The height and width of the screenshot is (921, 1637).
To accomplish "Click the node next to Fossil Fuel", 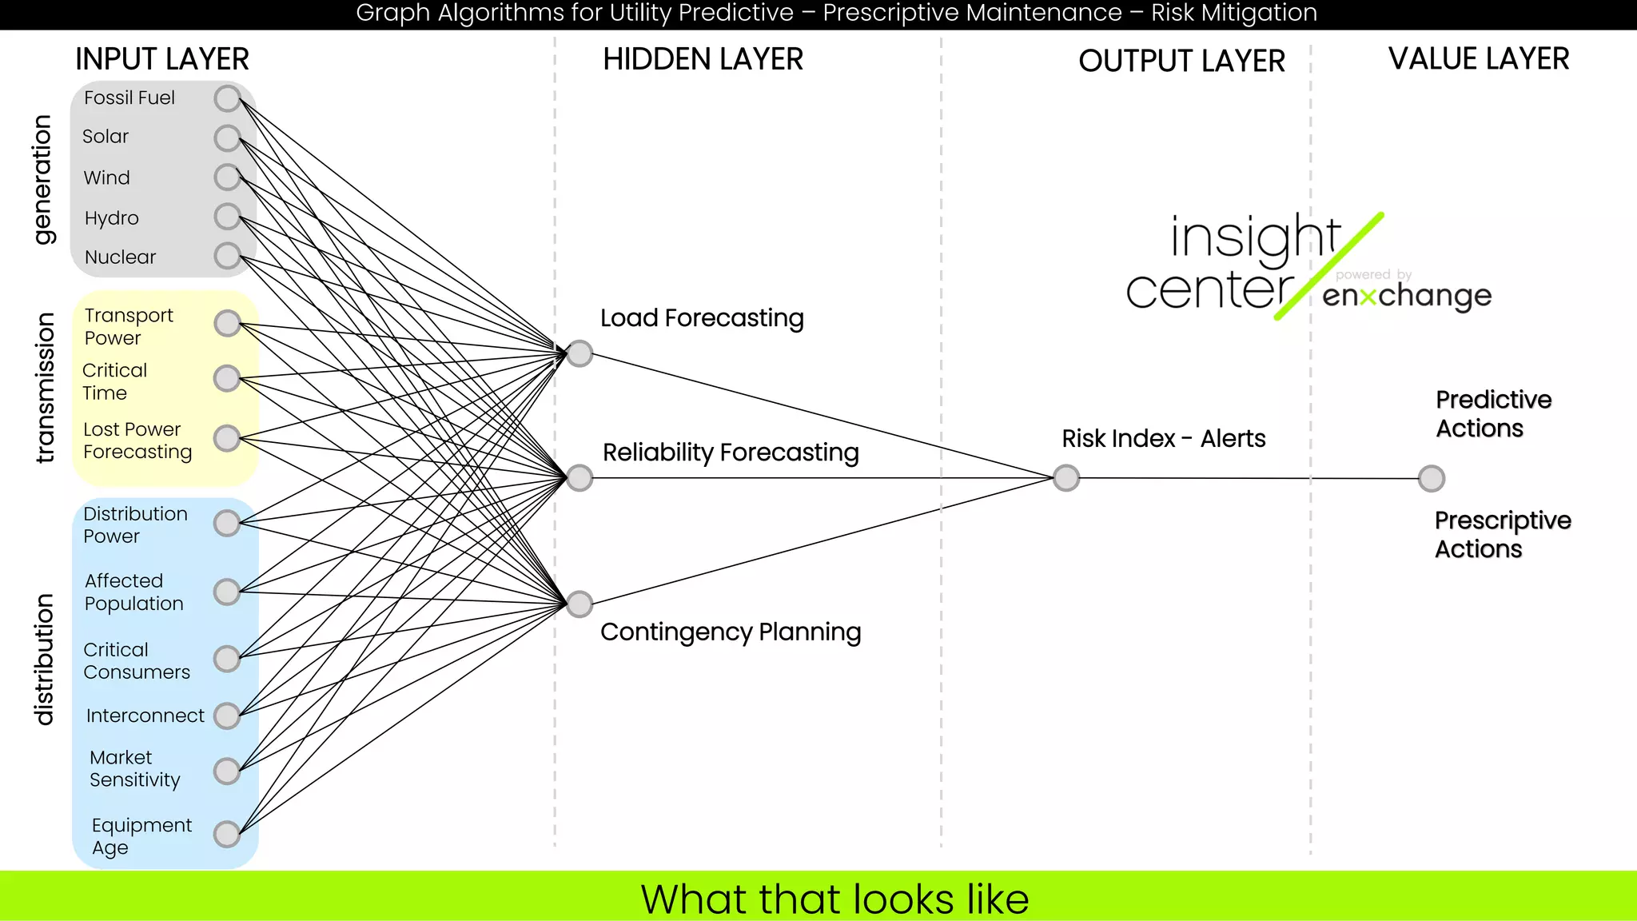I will point(228,98).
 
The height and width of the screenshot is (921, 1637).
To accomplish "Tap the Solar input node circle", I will point(228,138).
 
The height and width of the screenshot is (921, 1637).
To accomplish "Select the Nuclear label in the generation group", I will point(121,257).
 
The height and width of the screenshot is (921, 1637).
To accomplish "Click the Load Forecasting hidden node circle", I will point(580,353).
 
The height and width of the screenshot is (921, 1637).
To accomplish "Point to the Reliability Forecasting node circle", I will point(580,478).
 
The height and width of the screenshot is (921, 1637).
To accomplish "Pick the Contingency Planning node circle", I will point(580,604).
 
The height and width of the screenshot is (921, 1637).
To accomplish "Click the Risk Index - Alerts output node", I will point(1066,478).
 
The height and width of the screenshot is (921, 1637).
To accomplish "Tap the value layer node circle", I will point(1431,478).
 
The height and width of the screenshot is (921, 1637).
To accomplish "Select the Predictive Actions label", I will point(1492,413).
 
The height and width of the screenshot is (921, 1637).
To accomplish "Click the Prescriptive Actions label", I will point(1501,534).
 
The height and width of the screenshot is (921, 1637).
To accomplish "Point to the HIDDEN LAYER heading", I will point(703,59).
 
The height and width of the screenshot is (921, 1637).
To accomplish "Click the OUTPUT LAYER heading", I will point(1181,61).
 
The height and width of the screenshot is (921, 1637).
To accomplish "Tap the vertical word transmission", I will point(45,387).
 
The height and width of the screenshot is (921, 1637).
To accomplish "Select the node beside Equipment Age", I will point(228,834).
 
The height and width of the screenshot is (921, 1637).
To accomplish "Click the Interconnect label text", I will point(145,716).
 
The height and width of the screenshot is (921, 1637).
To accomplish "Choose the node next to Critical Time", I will point(228,377).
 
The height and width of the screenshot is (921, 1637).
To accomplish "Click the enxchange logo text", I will point(1406,296).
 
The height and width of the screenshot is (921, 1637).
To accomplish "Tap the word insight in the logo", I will point(1255,237).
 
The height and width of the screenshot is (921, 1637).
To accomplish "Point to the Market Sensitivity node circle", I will point(228,771).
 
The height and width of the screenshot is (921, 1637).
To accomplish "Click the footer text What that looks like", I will point(834,899).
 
